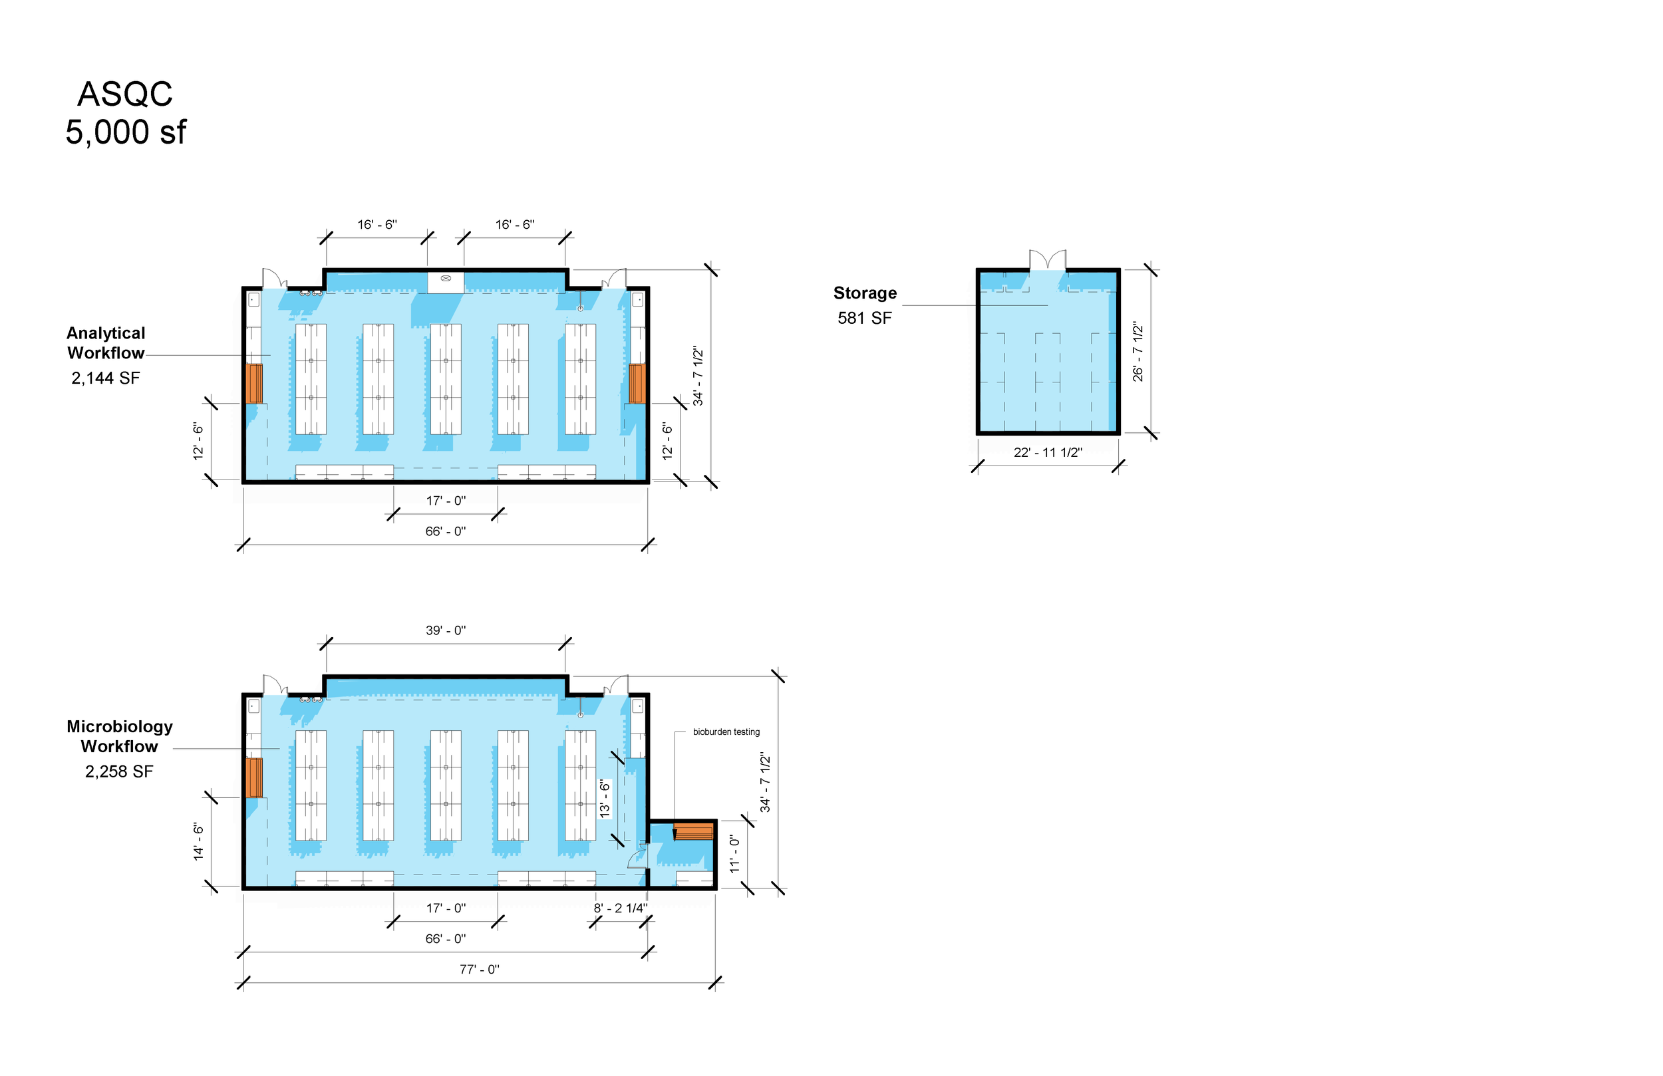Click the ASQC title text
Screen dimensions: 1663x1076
(x=125, y=94)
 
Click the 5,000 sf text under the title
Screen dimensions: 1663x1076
(x=126, y=132)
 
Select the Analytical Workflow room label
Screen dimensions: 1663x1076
(x=106, y=343)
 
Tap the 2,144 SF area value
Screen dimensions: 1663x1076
(x=106, y=378)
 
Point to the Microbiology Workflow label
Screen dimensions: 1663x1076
(x=120, y=736)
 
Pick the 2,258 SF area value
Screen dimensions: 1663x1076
(x=119, y=771)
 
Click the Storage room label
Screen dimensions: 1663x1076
(x=865, y=293)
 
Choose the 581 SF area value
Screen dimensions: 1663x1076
(x=865, y=318)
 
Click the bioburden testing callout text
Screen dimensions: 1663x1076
(x=726, y=732)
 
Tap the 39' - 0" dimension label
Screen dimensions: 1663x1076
(x=446, y=630)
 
